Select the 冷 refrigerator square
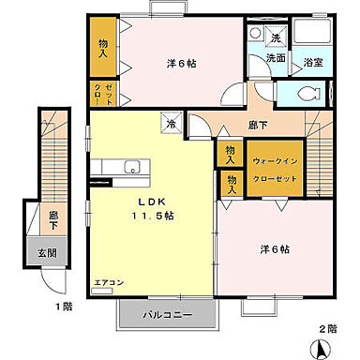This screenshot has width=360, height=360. tap(172, 123)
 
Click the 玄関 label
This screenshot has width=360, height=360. tap(47, 253)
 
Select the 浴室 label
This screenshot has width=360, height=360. tap(313, 63)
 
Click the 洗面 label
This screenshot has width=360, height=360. tap(275, 58)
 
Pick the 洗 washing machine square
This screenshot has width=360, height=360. tap(277, 38)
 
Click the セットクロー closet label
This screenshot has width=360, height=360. tap(109, 93)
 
